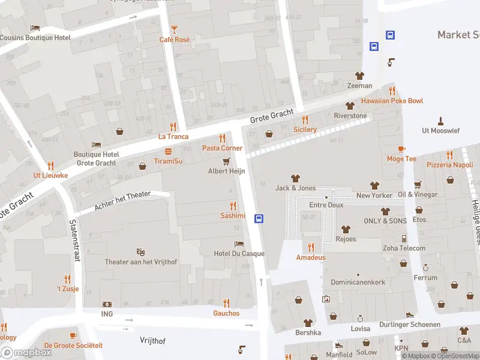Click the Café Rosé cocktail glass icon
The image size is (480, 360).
pos(174,29)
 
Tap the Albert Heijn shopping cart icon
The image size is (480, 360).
pos(226,161)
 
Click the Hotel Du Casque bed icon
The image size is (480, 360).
pos(239,244)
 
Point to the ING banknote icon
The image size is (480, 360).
pos(107,305)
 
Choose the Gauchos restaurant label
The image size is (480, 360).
pos(226,313)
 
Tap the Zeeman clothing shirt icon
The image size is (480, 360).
pos(359,76)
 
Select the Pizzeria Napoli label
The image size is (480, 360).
pos(449,164)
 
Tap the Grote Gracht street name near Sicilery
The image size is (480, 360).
pos(272,113)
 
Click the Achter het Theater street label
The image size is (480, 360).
pos(122,203)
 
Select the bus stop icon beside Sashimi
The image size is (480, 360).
pos(259,218)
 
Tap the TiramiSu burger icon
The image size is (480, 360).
pos(168,151)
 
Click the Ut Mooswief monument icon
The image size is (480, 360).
pos(440,121)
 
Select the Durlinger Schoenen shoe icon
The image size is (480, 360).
pos(409,314)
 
